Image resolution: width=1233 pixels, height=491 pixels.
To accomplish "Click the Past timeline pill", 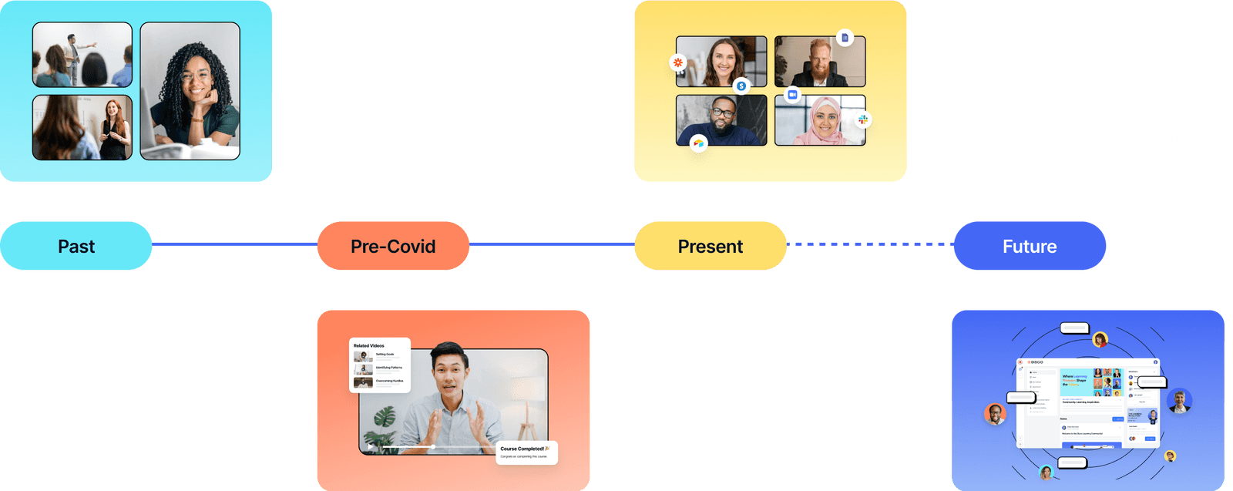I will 76,247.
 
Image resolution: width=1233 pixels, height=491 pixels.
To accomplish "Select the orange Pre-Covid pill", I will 393,247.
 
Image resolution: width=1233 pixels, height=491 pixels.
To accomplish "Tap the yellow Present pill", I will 710,247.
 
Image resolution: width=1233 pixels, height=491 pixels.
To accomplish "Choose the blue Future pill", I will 1030,247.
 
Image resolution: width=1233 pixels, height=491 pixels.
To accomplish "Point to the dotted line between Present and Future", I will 870,244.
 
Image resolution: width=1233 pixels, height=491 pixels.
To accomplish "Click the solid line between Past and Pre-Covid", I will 234,244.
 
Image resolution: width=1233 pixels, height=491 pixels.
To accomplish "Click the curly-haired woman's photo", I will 190,91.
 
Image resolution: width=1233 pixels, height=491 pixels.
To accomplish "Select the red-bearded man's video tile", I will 819,62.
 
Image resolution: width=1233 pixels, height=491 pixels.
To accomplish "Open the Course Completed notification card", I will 526,452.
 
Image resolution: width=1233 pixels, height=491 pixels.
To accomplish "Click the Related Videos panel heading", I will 369,346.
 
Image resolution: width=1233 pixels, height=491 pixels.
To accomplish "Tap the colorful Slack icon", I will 863,119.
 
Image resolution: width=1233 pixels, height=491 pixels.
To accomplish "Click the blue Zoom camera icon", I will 791,94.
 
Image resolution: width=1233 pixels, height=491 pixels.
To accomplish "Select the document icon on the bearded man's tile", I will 845,38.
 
